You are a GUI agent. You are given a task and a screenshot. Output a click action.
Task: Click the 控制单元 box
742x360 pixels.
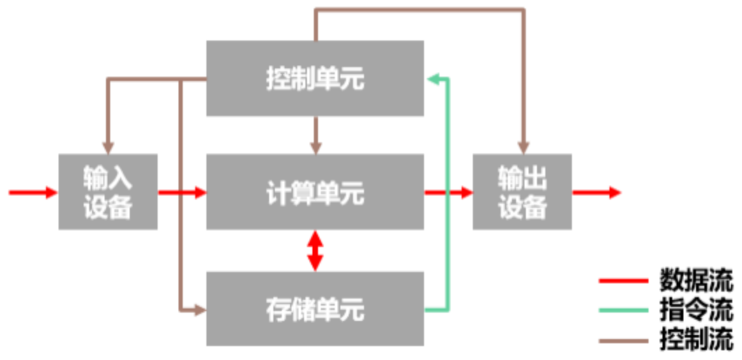(315, 78)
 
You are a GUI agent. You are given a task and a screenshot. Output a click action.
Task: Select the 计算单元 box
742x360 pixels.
(315, 193)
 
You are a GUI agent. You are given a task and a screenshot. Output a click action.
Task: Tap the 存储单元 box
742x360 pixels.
(315, 308)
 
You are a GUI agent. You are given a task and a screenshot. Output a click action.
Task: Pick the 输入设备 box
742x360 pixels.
(108, 193)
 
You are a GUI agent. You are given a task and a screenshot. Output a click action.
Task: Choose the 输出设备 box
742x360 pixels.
(522, 193)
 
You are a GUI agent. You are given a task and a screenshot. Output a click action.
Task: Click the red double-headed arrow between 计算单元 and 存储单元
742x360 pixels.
(315, 250)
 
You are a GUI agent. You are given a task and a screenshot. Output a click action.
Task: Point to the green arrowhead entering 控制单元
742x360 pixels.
(433, 78)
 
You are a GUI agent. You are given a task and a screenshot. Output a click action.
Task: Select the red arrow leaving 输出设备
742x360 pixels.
(596, 193)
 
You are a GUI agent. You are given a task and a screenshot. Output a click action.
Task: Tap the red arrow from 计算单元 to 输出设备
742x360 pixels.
(448, 193)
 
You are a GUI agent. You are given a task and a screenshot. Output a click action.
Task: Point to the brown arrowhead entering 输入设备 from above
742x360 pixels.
(107, 148)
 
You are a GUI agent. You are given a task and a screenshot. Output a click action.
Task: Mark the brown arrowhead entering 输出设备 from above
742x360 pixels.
(522, 148)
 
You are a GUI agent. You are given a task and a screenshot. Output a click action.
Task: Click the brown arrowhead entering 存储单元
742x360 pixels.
(199, 308)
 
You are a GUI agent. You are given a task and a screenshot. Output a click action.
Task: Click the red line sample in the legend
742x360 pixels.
(624, 283)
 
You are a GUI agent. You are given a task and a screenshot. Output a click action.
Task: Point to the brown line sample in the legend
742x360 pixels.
(624, 341)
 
